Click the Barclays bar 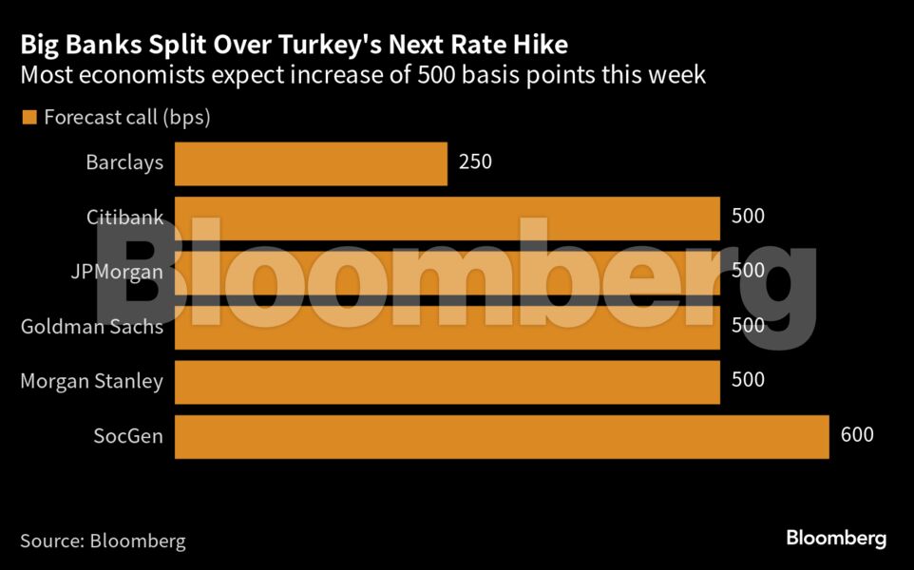[311, 163]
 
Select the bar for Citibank [447, 218]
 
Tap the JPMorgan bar [447, 272]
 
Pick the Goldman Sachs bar [447, 327]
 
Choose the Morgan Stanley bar [447, 382]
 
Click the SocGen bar [502, 437]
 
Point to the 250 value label [475, 162]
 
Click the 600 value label [857, 436]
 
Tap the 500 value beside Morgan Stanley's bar [748, 381]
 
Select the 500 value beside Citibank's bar [748, 217]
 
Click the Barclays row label [124, 162]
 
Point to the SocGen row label [128, 437]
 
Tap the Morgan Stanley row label [92, 382]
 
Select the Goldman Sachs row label [92, 327]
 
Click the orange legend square [29, 118]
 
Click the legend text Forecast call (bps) [126, 119]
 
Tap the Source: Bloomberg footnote [103, 541]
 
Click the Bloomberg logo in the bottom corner [836, 539]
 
